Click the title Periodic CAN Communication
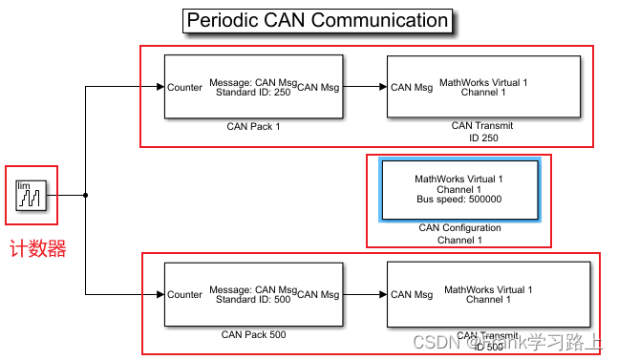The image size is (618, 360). pos(316,20)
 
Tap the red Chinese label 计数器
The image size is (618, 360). pos(37,249)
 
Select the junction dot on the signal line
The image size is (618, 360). pos(86,196)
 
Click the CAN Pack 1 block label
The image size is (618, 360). pos(253,126)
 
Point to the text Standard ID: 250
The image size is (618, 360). pos(254,93)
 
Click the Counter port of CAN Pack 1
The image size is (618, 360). pos(184,87)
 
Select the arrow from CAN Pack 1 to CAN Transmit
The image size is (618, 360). pos(365,87)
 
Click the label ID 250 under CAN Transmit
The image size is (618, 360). pos(483,138)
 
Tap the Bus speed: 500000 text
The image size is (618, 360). pos(458,200)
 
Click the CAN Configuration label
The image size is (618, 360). pos(458,228)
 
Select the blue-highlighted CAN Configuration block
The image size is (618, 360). pos(458,189)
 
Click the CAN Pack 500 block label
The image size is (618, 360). pos(253,334)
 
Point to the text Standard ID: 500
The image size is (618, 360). pos(254,300)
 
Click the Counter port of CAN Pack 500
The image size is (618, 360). pos(184,294)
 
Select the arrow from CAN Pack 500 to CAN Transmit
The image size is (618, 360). pos(365,295)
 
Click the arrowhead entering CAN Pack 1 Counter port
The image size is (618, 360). pos(159,87)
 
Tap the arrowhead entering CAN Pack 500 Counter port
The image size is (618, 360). pos(159,295)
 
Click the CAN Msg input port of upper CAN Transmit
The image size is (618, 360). pos(412,87)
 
